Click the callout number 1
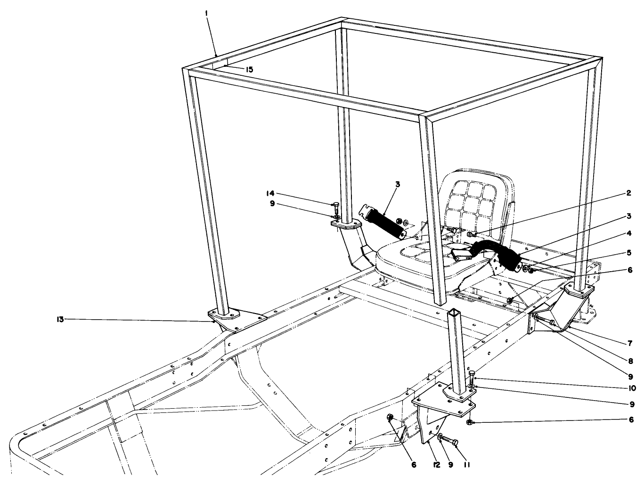207,15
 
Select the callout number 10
631,388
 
